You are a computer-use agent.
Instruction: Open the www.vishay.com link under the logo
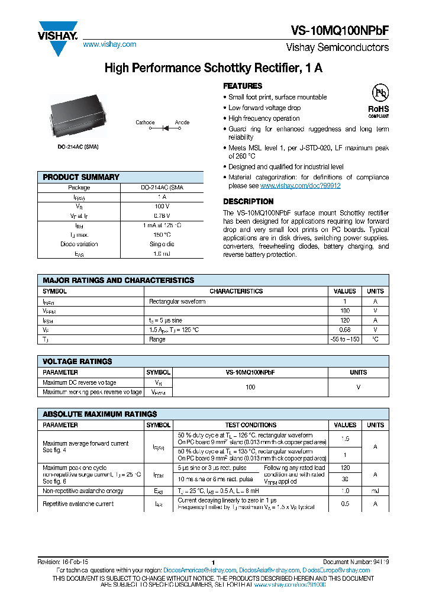click(109, 44)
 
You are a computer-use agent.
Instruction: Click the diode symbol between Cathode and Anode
click(164, 127)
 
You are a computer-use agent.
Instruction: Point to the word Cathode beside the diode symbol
click(145, 123)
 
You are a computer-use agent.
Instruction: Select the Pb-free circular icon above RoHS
click(379, 94)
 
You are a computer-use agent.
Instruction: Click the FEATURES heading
click(243, 86)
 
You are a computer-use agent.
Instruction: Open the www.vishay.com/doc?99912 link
click(300, 186)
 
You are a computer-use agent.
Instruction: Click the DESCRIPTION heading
click(248, 201)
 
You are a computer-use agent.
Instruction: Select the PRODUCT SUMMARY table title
click(81, 177)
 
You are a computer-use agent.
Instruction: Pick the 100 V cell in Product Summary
click(163, 207)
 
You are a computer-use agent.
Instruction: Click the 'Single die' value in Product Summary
click(163, 244)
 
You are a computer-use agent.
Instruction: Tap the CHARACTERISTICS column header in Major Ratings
click(236, 291)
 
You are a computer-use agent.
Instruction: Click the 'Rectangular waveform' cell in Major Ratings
click(177, 301)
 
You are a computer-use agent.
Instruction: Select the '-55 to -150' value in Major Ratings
click(344, 340)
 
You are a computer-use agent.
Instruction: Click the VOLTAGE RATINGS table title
click(78, 361)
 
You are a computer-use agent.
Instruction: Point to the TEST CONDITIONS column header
click(251, 425)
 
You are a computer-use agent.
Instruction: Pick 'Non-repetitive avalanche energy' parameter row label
click(83, 491)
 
